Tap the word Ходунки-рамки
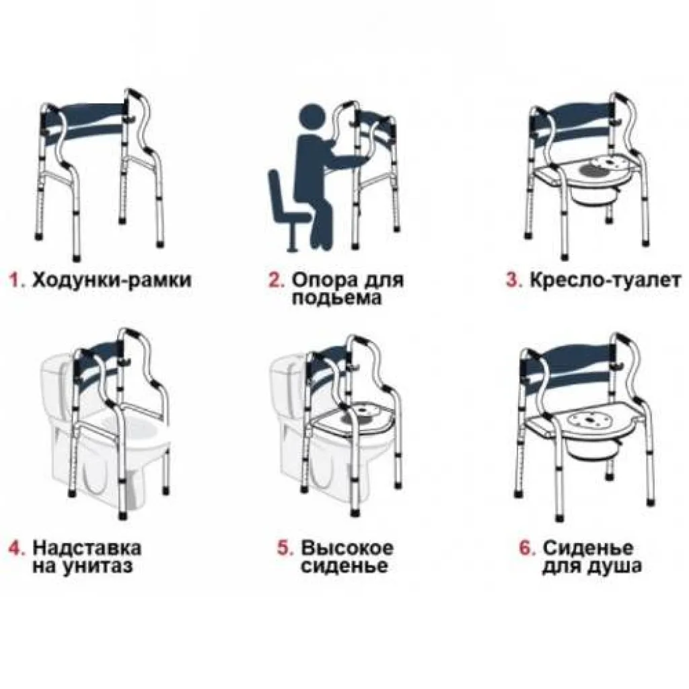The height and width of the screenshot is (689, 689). (112, 280)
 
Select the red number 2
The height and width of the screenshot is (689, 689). (277, 280)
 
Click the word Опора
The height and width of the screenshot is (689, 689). (324, 280)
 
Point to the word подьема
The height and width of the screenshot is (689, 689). (336, 298)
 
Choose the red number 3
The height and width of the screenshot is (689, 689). (513, 280)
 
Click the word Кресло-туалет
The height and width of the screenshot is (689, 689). (605, 280)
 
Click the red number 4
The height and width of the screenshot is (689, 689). (17, 548)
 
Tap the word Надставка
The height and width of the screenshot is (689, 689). (87, 548)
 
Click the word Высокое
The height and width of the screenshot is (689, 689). (347, 548)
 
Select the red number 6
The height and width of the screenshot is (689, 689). (528, 548)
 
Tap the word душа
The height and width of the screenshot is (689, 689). (614, 567)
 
